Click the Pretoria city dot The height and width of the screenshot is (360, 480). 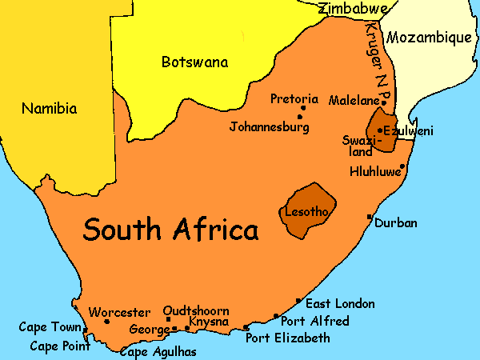click(x=302, y=108)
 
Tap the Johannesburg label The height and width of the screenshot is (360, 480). click(x=269, y=126)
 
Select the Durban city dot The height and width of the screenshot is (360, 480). click(x=369, y=217)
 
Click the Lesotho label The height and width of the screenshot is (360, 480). click(x=305, y=212)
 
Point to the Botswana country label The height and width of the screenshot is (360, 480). click(x=194, y=62)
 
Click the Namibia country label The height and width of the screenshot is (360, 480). click(x=49, y=108)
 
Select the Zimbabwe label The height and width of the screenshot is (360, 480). click(x=353, y=9)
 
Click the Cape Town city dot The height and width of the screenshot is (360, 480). click(x=86, y=329)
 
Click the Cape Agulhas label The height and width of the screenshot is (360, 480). click(x=158, y=351)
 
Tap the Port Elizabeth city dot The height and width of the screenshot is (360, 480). click(x=246, y=328)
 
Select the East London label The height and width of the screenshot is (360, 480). click(x=340, y=303)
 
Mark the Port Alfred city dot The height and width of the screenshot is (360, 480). click(x=276, y=316)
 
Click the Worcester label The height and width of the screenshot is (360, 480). click(x=119, y=312)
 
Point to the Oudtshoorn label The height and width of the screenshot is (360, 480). click(x=196, y=310)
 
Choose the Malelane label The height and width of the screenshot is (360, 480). click(x=352, y=101)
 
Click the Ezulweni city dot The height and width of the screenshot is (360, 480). click(x=380, y=130)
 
